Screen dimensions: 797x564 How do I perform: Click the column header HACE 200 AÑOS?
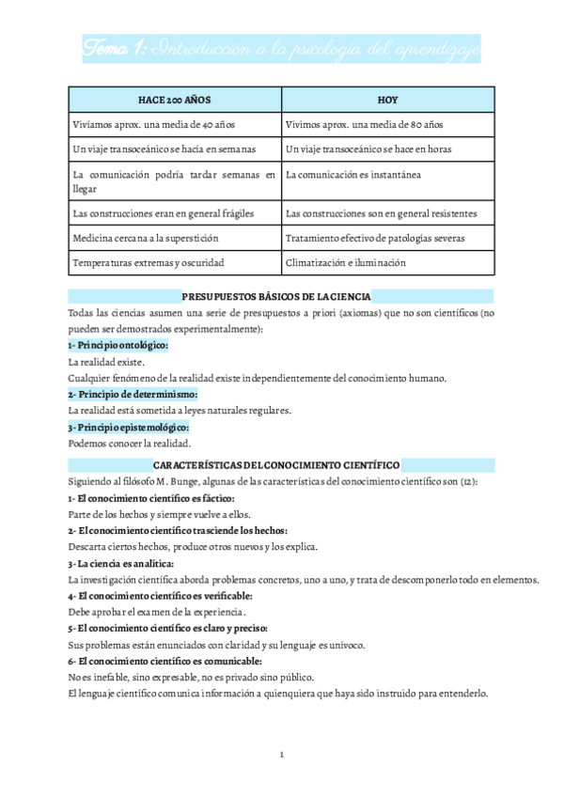coord(174,99)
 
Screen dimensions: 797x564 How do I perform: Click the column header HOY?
coord(387,99)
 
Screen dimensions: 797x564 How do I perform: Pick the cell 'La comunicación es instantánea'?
coord(352,175)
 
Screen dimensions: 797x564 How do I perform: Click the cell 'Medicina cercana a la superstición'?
coord(146,238)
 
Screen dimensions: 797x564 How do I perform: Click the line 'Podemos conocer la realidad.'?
coord(130,444)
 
